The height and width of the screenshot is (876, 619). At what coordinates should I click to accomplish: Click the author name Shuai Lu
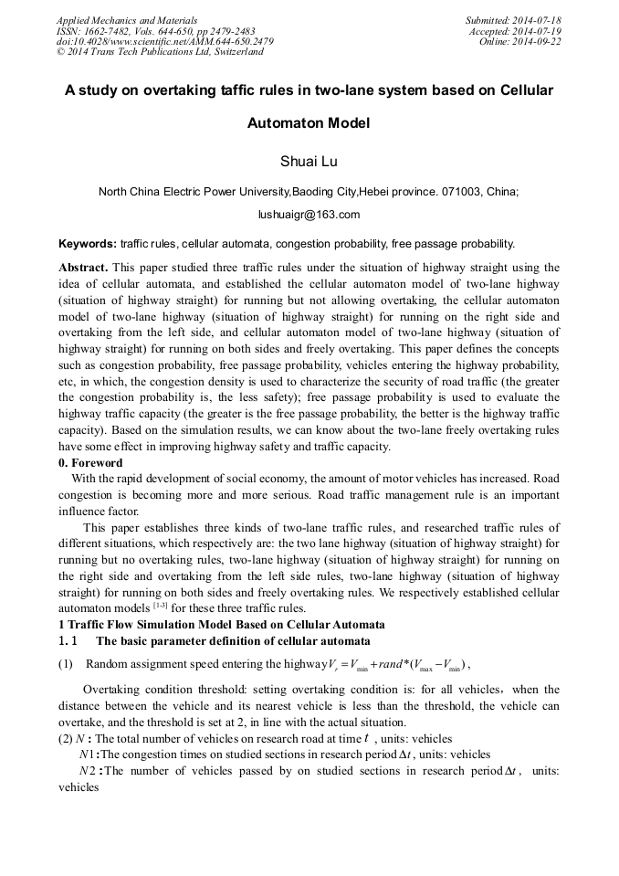(x=309, y=162)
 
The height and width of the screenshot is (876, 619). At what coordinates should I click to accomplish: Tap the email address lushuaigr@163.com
(x=309, y=215)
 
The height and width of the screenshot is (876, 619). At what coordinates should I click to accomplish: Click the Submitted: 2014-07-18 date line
(x=512, y=19)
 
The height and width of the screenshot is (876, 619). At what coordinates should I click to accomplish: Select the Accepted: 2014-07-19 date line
(x=516, y=30)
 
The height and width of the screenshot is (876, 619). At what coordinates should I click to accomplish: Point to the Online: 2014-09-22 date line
(x=519, y=41)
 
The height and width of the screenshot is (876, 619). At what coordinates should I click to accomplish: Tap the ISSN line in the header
(x=155, y=30)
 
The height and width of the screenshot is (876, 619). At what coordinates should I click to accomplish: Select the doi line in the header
(x=164, y=41)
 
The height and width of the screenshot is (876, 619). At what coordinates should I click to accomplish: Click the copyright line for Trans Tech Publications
(x=160, y=52)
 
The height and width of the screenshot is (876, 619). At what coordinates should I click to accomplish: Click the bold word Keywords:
(x=88, y=244)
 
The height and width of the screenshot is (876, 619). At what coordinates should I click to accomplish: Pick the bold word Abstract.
(x=83, y=268)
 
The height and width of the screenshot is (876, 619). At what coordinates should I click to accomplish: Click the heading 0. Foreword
(x=90, y=463)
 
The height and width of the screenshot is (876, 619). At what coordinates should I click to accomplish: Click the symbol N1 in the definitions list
(x=88, y=755)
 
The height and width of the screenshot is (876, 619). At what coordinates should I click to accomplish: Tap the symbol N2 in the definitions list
(x=88, y=772)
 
